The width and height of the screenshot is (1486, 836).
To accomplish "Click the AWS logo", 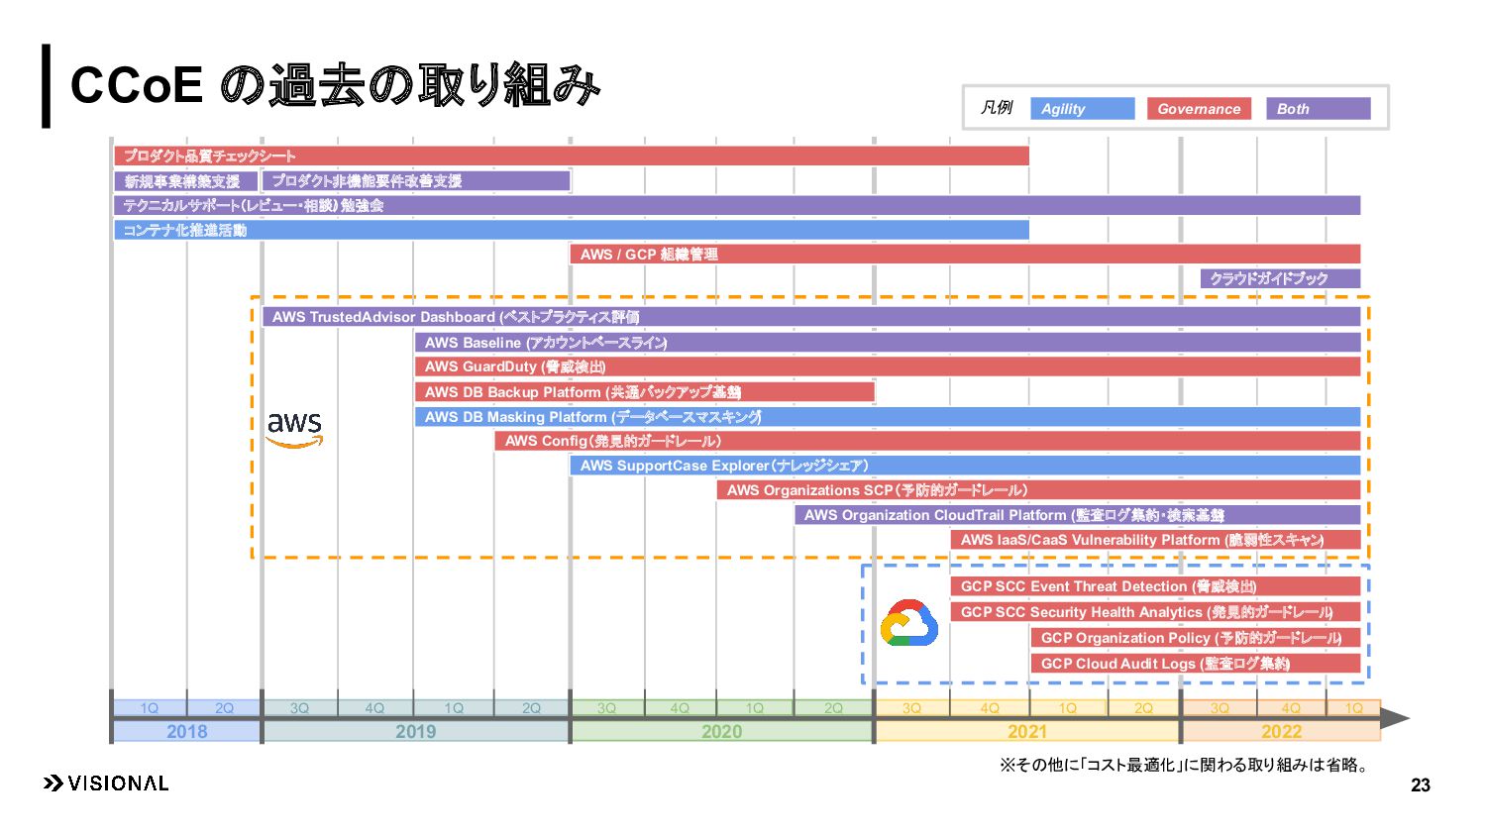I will click(294, 429).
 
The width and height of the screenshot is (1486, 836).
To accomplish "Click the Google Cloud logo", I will click(908, 624).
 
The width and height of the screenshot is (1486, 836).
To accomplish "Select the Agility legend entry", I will click(1082, 109).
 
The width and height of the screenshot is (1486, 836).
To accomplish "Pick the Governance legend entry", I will click(1199, 109).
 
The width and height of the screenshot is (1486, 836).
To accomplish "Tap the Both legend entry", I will click(1318, 109).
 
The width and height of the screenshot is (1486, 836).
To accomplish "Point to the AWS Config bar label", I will click(612, 441).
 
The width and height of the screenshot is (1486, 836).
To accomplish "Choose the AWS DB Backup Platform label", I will click(583, 392).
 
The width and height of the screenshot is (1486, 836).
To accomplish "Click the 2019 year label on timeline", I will click(415, 732).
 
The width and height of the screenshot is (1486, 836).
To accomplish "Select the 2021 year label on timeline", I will click(1026, 732).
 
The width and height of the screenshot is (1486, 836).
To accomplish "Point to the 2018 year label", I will click(186, 732).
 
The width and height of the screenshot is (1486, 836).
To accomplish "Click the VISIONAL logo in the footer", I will click(106, 784).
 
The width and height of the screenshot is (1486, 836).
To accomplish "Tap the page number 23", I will click(1420, 785).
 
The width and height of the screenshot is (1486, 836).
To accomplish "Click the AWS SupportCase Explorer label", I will click(723, 466).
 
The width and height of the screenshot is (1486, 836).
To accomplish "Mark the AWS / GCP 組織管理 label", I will click(649, 255).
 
